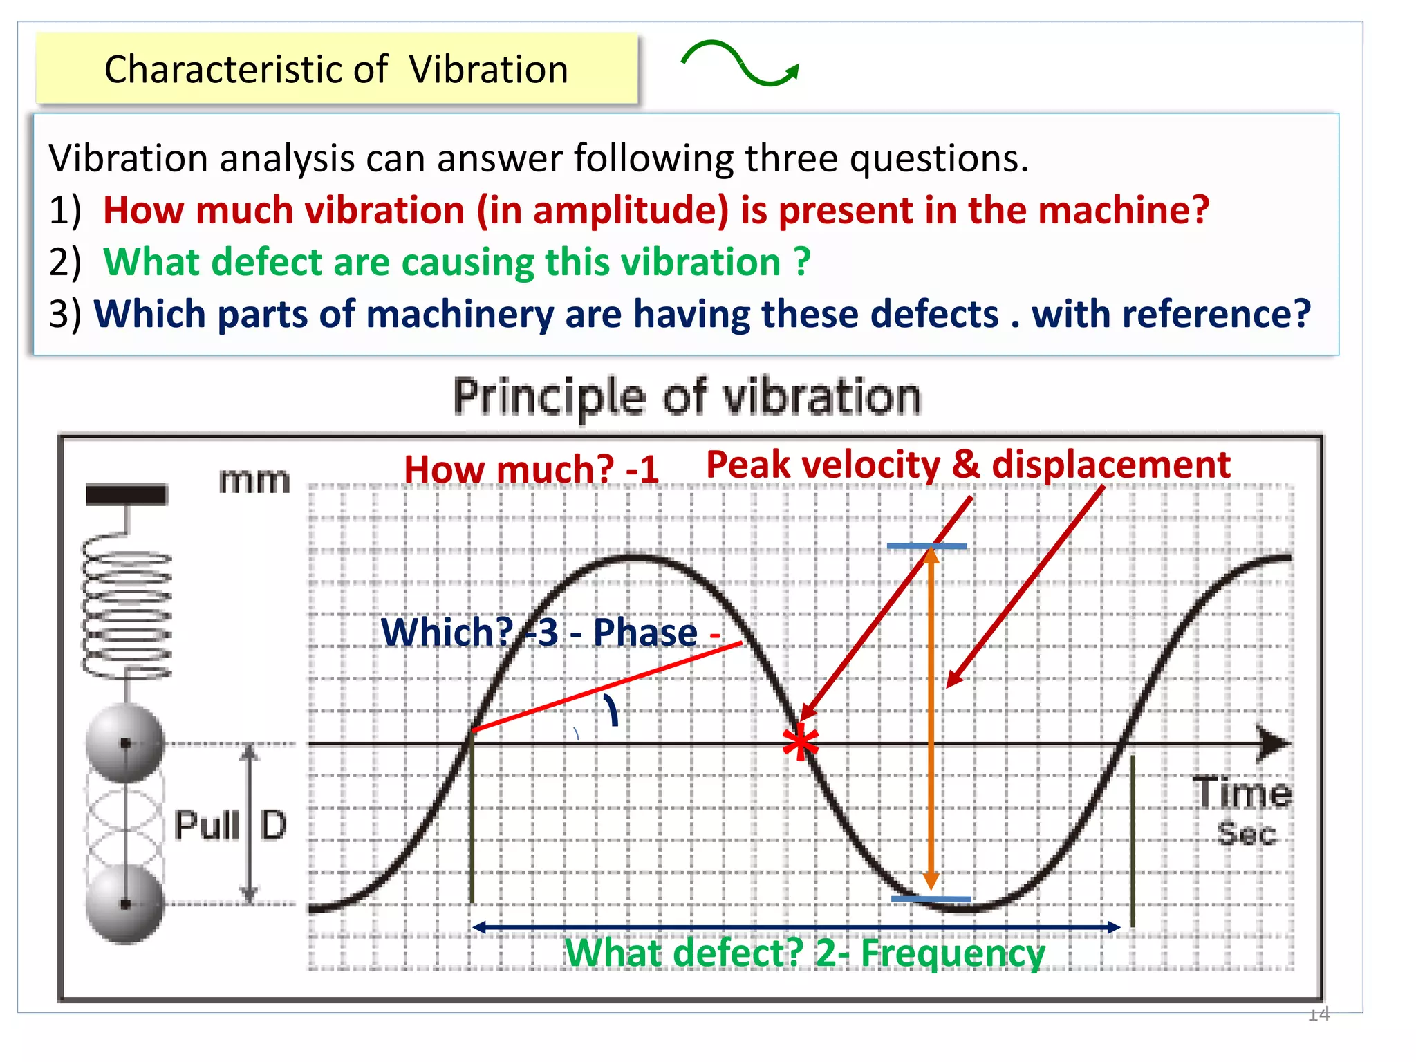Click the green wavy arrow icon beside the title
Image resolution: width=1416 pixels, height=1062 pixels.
[x=740, y=64]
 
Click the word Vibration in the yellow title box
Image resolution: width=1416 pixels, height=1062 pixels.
[x=488, y=70]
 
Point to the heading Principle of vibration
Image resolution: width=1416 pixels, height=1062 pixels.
[x=687, y=397]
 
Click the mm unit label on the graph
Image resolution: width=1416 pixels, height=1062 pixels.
[x=254, y=481]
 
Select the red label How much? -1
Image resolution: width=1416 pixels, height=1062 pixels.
[x=531, y=469]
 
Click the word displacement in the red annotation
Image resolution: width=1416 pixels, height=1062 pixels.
[x=1111, y=465]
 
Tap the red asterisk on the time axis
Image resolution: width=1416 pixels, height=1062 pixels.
[x=800, y=743]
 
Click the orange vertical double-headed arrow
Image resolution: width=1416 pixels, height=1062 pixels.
[x=931, y=719]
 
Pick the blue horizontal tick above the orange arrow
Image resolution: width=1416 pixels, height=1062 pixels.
[x=926, y=546]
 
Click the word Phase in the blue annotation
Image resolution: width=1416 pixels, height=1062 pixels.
[x=645, y=633]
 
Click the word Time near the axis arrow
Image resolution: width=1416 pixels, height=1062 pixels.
[x=1242, y=793]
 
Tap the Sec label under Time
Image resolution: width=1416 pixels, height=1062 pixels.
[x=1246, y=833]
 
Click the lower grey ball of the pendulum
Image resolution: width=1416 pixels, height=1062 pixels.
[x=125, y=904]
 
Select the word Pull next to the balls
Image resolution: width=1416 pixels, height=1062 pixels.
[x=206, y=825]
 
